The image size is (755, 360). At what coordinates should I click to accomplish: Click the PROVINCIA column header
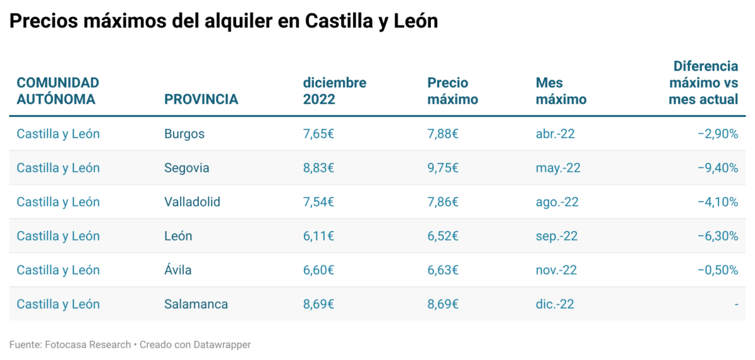201,99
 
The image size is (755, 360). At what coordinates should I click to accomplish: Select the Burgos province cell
184,134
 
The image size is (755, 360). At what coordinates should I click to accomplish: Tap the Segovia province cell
187,168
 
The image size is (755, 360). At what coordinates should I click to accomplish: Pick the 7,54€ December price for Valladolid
318,202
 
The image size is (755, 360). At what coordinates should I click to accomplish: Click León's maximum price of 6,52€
443,236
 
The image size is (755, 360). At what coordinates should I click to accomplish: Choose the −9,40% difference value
718,168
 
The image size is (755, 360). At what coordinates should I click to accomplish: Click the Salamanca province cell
196,304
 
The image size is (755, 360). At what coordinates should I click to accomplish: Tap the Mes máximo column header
561,91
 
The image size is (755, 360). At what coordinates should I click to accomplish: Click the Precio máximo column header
452,91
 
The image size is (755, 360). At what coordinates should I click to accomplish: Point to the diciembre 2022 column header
335,91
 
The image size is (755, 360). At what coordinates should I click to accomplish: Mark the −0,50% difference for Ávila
718,270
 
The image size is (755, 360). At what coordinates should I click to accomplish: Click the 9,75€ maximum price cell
443,168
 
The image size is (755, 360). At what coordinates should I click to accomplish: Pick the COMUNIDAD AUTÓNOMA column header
58,91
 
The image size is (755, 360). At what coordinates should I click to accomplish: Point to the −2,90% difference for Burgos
718,134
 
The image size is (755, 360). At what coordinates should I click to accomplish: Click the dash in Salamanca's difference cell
735,305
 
